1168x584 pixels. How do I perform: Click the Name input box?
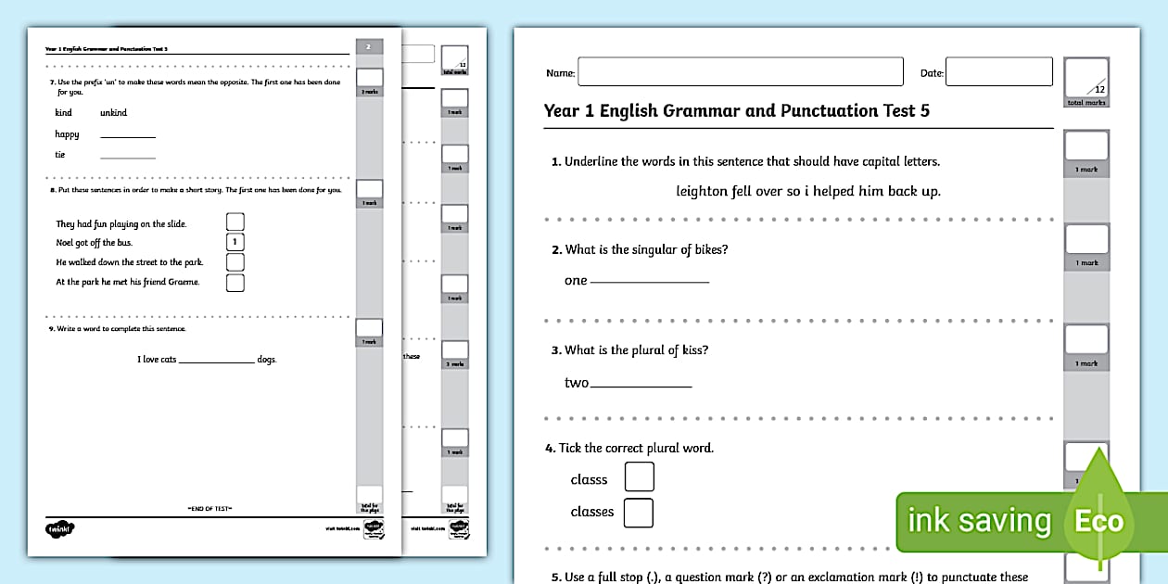point(740,71)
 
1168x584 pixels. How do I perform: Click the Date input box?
point(998,71)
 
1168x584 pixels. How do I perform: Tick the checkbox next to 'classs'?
point(639,476)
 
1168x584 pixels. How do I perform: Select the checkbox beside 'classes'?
point(638,513)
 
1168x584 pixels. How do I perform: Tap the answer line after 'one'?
point(650,281)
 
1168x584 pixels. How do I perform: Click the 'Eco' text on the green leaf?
point(1098,520)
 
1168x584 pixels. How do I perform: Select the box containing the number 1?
point(235,242)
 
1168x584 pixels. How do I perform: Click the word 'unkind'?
point(113,113)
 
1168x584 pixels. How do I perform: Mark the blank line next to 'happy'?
point(128,136)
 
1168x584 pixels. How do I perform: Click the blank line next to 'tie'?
point(128,157)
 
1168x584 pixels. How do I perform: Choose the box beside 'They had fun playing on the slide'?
point(235,222)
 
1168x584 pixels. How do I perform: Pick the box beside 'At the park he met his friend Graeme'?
point(235,283)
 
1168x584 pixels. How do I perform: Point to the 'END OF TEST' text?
point(209,508)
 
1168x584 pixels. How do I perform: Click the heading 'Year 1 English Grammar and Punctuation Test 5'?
point(736,111)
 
